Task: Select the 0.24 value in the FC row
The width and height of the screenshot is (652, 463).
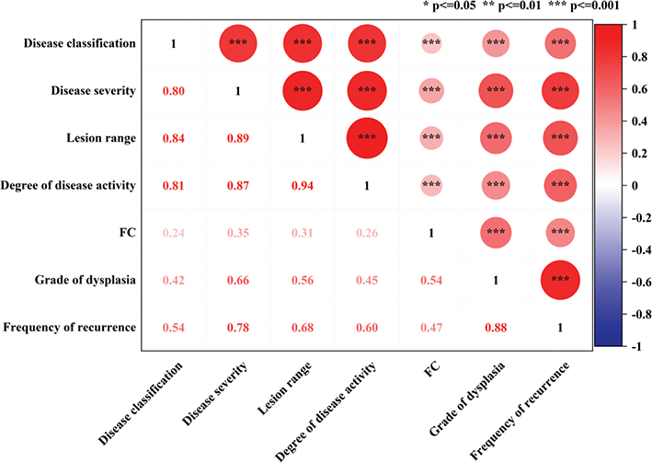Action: (x=175, y=233)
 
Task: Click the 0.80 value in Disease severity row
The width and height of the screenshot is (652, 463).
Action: (x=175, y=91)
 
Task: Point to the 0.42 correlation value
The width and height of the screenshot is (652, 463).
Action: (x=175, y=281)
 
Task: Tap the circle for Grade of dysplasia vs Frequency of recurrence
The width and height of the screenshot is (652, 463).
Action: (x=558, y=281)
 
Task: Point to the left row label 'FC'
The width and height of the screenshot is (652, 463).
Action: (x=128, y=233)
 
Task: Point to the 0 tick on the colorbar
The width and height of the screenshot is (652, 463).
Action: (x=628, y=185)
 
